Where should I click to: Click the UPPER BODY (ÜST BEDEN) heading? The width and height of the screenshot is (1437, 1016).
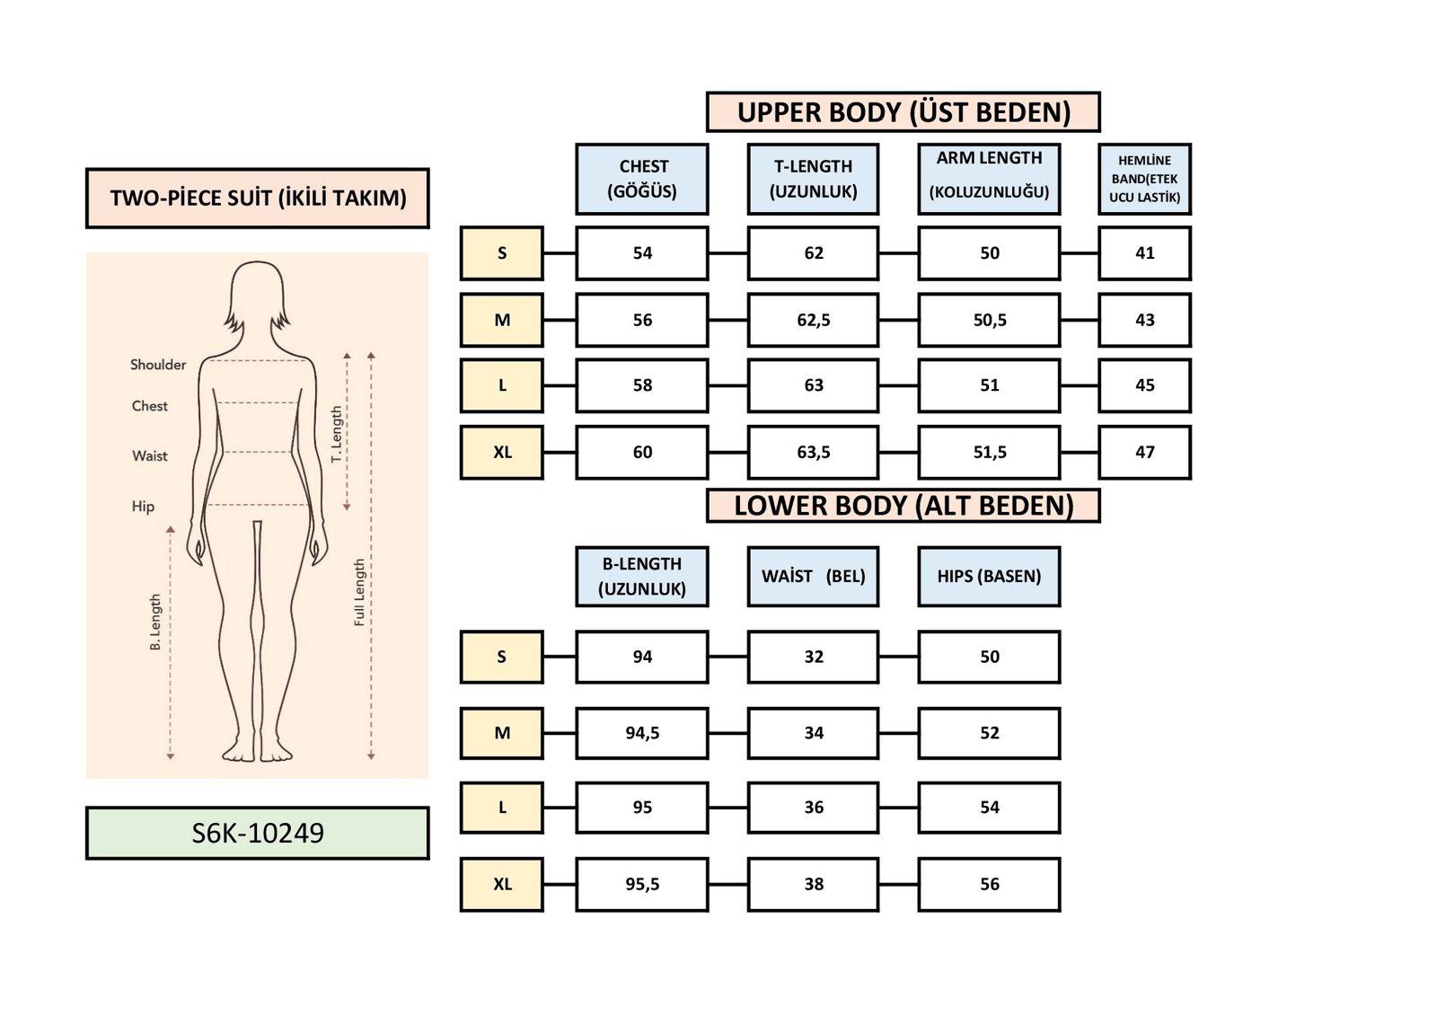903,112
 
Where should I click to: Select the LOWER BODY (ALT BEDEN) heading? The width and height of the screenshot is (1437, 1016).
903,506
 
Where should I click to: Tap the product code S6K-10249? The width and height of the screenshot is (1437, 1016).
257,834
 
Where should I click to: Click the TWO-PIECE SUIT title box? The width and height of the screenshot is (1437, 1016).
257,198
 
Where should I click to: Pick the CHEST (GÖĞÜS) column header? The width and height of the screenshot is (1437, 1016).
641,179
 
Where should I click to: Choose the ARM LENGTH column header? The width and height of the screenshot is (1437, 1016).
988,179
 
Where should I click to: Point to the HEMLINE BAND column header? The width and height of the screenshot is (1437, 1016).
1144,179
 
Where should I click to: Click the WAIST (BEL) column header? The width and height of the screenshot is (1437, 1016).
813,576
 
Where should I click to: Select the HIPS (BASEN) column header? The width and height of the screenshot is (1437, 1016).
988,576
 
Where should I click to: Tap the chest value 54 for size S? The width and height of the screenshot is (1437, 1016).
641,253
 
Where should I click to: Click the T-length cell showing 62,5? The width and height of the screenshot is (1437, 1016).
813,320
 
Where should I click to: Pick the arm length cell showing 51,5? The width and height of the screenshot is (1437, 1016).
988,452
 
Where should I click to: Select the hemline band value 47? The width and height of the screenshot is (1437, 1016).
1144,452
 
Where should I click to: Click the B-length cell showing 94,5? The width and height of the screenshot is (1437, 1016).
641,733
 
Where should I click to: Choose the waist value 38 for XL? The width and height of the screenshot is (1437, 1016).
813,884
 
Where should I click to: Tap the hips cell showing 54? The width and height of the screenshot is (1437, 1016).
988,808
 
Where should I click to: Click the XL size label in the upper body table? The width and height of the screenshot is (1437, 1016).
501,452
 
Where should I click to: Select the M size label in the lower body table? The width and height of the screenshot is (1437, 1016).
501,733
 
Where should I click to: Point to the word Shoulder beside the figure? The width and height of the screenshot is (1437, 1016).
158,365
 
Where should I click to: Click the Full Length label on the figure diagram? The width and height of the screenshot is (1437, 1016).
360,592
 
